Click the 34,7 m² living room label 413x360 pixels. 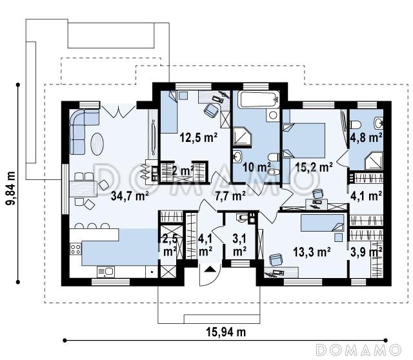130,195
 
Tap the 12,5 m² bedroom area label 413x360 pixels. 199,137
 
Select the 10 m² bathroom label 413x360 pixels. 257,167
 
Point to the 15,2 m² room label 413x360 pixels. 314,166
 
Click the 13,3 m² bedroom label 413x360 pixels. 312,252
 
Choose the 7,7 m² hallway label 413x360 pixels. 230,195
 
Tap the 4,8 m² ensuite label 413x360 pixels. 367,137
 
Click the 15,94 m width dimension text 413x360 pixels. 226,332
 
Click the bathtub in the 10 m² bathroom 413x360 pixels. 258,99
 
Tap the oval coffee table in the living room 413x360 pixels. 97,144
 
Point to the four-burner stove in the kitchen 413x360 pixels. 76,249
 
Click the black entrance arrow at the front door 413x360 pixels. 210,269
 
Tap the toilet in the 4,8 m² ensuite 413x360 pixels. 355,125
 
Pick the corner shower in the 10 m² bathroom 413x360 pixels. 243,135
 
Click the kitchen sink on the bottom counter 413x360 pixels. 106,272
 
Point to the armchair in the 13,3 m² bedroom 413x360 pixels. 276,259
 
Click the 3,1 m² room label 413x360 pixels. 239,245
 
